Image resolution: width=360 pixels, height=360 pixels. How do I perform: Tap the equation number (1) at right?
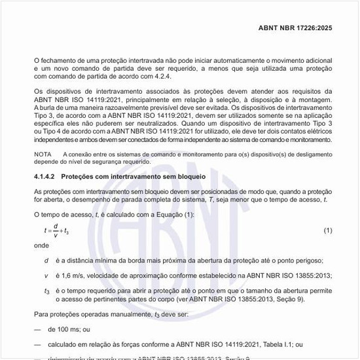click(328, 231)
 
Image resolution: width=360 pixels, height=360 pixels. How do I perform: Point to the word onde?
click(42, 247)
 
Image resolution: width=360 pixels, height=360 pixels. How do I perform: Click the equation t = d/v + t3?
click(57, 231)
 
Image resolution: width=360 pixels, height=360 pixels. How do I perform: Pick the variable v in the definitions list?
click(46, 276)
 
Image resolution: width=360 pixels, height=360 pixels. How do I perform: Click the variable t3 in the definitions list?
click(47, 290)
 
